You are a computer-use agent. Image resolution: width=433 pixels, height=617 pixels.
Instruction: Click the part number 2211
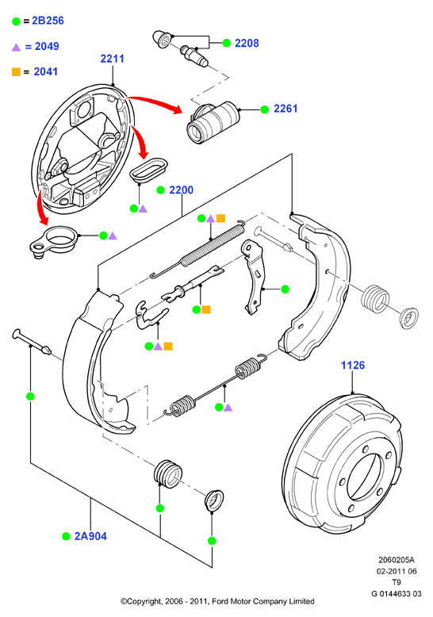point(112,59)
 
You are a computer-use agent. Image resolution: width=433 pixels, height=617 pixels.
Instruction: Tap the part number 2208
point(247,44)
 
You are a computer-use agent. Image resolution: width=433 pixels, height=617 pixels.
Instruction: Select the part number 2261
point(285,109)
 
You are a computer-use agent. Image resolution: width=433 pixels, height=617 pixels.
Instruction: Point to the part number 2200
point(181,190)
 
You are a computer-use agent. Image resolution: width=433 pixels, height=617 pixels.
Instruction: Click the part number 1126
point(353,365)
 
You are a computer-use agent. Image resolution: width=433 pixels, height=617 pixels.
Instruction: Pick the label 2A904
point(90,536)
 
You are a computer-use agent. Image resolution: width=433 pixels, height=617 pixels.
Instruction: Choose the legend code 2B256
point(48,21)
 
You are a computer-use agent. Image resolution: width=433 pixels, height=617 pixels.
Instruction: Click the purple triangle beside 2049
point(16,48)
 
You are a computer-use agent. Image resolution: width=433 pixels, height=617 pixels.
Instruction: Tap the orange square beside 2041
point(16,72)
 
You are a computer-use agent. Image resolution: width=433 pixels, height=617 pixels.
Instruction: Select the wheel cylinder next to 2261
point(213,121)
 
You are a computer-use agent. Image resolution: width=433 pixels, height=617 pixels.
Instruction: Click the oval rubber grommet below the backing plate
point(148,170)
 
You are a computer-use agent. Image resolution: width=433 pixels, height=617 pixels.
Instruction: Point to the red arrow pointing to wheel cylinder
point(155,102)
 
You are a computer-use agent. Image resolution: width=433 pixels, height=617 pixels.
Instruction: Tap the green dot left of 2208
point(226,44)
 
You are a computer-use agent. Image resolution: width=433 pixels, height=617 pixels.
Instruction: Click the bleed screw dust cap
point(162,39)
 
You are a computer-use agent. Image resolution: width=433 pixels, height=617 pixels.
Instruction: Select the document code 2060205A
point(397,560)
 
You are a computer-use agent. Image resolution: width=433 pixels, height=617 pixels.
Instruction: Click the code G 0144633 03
point(397,594)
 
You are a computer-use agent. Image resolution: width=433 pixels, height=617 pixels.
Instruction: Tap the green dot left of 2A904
point(66,536)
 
